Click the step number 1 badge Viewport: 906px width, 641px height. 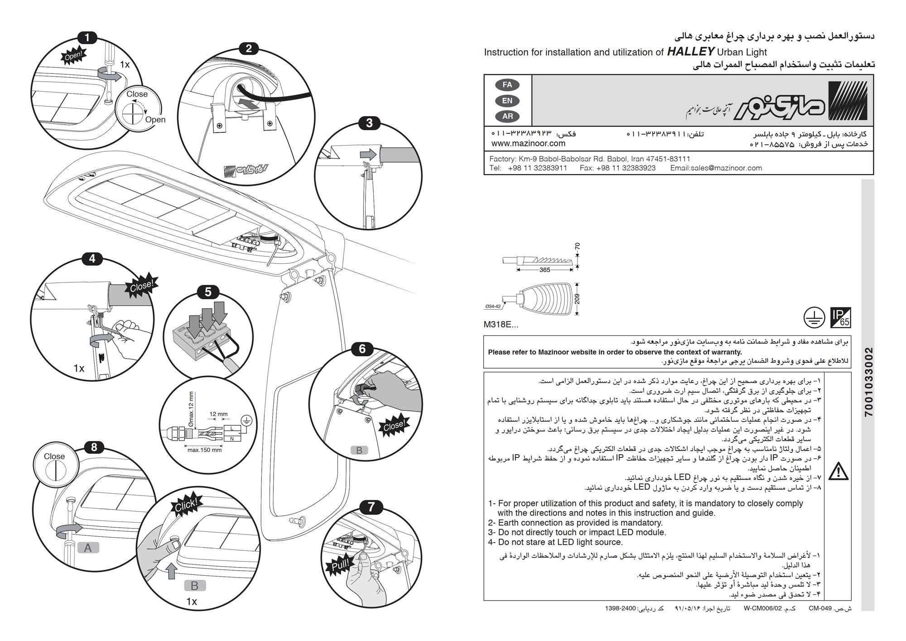click(87, 38)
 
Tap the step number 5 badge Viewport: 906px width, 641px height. click(208, 292)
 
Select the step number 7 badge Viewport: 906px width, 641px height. click(371, 507)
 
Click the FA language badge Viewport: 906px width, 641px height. click(507, 85)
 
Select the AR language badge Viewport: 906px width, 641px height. click(507, 116)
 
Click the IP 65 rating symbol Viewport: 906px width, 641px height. click(840, 317)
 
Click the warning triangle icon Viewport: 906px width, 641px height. click(838, 471)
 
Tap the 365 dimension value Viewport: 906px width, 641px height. click(545, 270)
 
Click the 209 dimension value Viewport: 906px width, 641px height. click(577, 299)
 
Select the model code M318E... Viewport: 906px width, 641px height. click(501, 325)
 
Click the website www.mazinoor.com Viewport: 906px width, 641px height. click(528, 144)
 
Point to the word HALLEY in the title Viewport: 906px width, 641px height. click(691, 51)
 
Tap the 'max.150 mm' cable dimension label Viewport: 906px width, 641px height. click(204, 450)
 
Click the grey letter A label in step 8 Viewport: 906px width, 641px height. click(88, 548)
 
